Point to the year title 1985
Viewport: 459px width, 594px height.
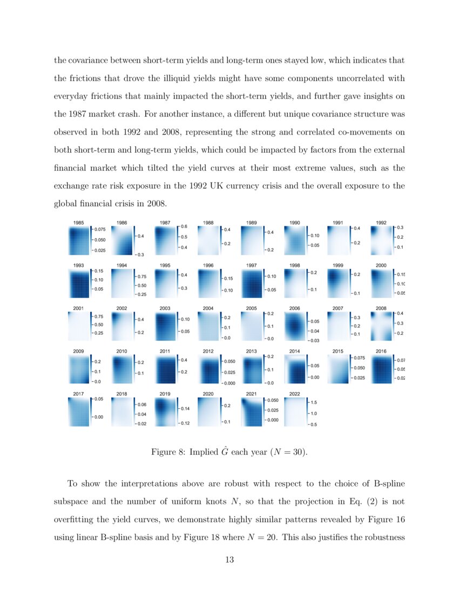[x=78, y=222]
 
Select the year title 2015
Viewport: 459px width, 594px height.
[x=338, y=351]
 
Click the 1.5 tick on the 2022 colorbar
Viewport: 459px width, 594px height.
[x=313, y=402]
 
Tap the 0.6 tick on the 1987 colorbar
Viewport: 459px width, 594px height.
[x=184, y=227]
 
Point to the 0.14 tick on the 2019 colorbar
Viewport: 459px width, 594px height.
[x=185, y=409]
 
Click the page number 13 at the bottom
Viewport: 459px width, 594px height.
[x=229, y=560]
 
